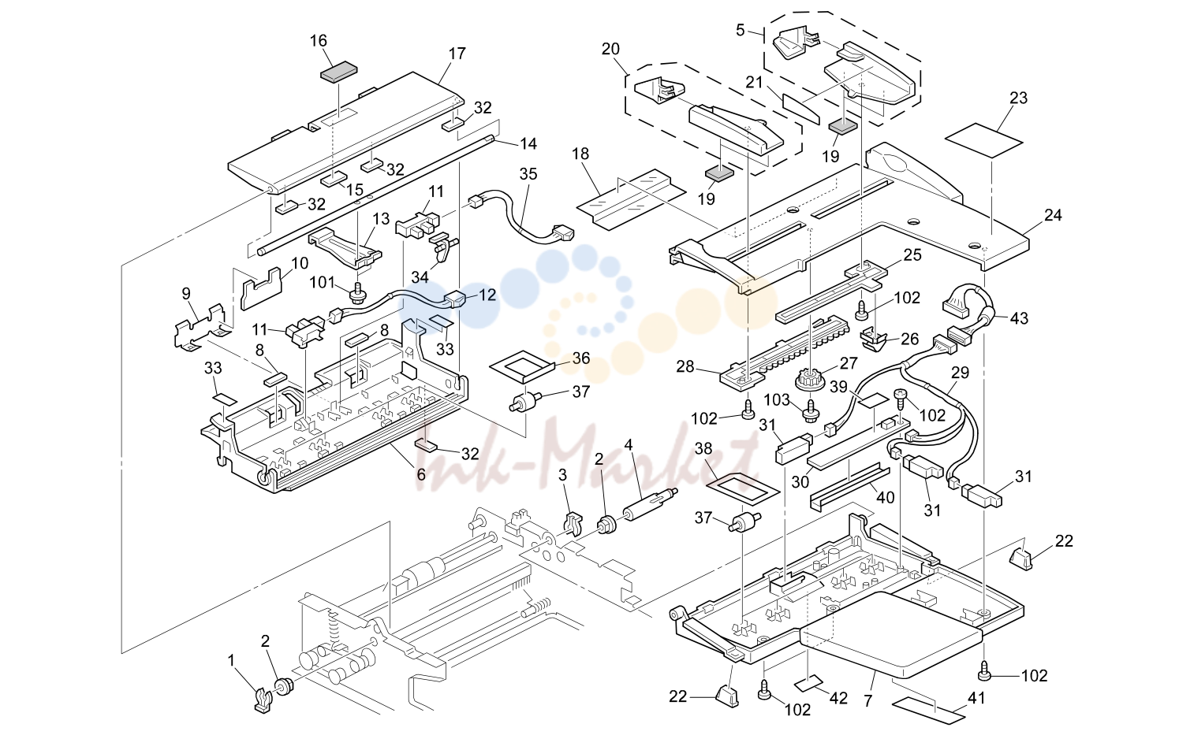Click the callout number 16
click(319, 40)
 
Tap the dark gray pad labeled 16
click(339, 72)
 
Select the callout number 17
click(457, 54)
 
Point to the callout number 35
click(528, 174)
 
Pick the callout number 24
click(1053, 215)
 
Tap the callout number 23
click(1018, 98)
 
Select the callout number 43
click(1018, 318)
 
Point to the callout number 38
click(703, 448)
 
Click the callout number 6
click(420, 474)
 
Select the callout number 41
click(976, 698)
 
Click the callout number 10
click(300, 263)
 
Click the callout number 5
click(740, 31)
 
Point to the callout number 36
click(580, 358)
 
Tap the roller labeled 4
click(650, 505)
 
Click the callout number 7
click(868, 701)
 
